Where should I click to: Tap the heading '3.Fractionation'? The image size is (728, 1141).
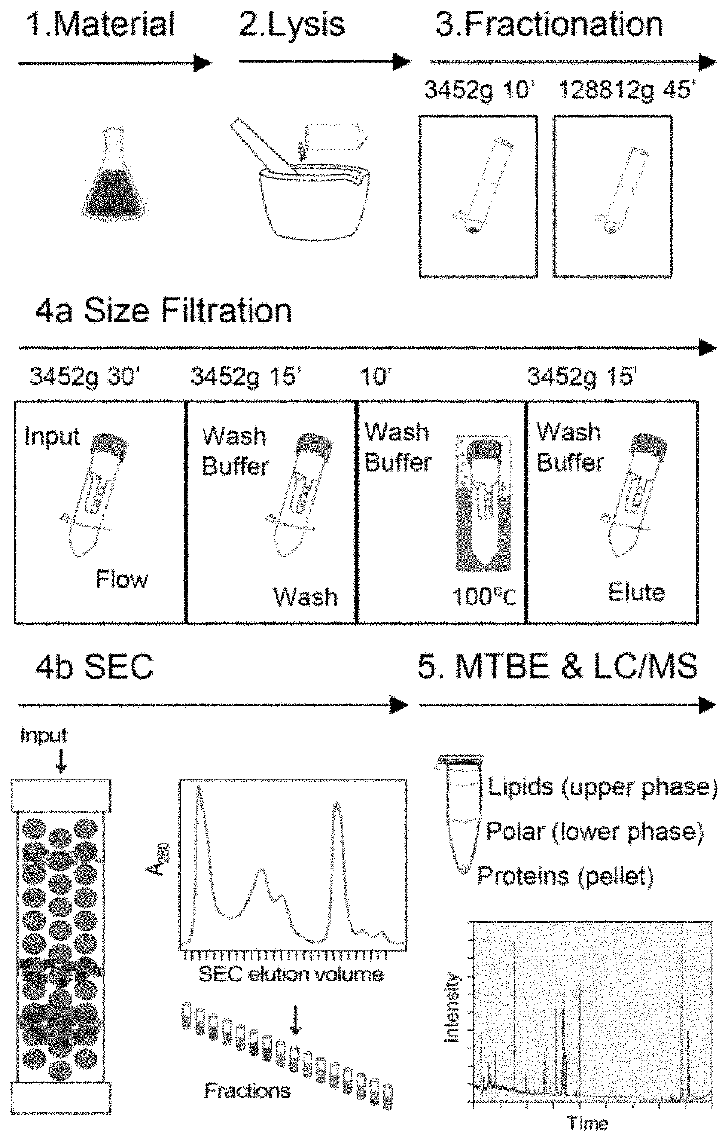pyautogui.click(x=549, y=25)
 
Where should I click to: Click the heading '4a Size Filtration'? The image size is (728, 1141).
pyautogui.click(x=163, y=310)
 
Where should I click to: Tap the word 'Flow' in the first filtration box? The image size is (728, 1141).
pyautogui.click(x=122, y=580)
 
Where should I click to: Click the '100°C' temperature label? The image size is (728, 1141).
pyautogui.click(x=484, y=597)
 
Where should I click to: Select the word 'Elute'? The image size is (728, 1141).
pyautogui.click(x=636, y=593)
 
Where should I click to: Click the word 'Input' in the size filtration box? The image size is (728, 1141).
pyautogui.click(x=52, y=436)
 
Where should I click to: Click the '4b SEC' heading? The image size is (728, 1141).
pyautogui.click(x=94, y=667)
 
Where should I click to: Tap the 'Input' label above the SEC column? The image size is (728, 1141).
pyautogui.click(x=44, y=735)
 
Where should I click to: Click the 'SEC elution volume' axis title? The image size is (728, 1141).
pyautogui.click(x=291, y=974)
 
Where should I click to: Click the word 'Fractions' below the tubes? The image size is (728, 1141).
pyautogui.click(x=247, y=1090)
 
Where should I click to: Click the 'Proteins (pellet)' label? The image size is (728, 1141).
pyautogui.click(x=565, y=876)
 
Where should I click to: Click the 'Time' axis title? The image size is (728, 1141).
pyautogui.click(x=587, y=1123)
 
